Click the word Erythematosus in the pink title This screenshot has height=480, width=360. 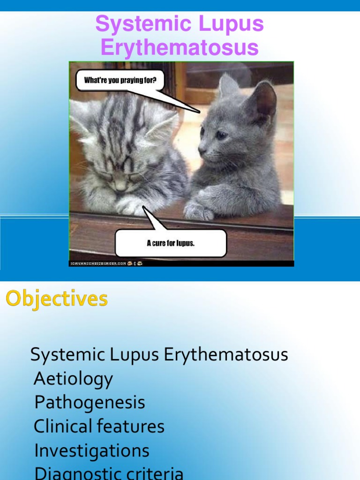[x=180, y=48]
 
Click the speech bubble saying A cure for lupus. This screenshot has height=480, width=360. [x=171, y=243]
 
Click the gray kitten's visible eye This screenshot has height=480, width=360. [x=220, y=135]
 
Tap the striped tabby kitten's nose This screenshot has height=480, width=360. [x=121, y=187]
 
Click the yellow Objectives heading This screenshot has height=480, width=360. [x=57, y=299]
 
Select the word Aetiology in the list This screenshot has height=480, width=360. [x=74, y=379]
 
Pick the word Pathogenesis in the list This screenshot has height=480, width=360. [x=90, y=403]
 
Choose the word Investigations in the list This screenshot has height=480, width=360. [x=92, y=450]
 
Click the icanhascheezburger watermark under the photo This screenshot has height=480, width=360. [x=98, y=263]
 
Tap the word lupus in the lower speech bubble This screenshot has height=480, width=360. [x=185, y=243]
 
